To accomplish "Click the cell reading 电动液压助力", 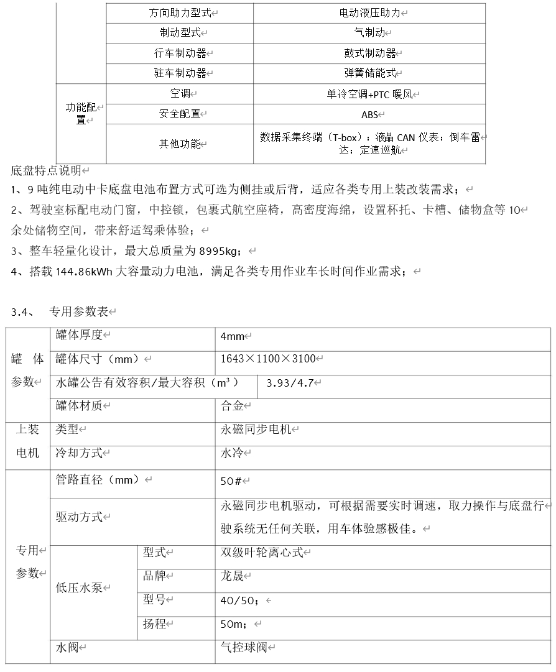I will [x=369, y=13].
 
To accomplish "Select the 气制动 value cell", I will [x=369, y=33].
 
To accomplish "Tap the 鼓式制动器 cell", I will [x=369, y=53].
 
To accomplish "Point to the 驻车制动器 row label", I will [x=180, y=73].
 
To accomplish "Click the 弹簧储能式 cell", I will [x=369, y=73].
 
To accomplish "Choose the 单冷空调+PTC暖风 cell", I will [x=369, y=94].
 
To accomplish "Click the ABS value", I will [x=369, y=114].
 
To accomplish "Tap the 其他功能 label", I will [x=180, y=144].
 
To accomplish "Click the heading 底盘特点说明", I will [x=46, y=170].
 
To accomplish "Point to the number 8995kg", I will [x=218, y=251].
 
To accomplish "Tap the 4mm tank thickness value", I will [x=232, y=336].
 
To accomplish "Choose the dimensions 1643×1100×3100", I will [x=268, y=359].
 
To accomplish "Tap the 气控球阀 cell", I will [x=243, y=648].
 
